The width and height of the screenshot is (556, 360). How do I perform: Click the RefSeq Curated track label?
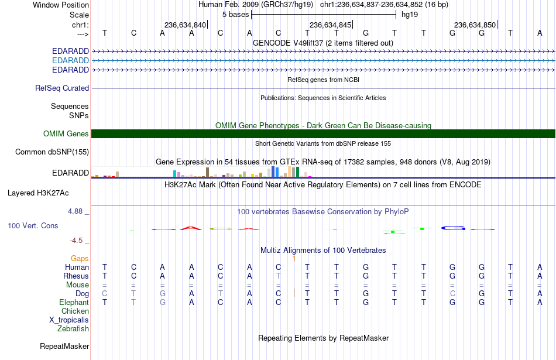pyautogui.click(x=62, y=88)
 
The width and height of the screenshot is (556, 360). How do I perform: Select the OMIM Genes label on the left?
pyautogui.click(x=66, y=133)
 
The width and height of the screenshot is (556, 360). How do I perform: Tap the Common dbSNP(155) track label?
pyautogui.click(x=52, y=152)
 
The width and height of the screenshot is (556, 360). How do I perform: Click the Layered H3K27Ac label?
pyautogui.click(x=38, y=193)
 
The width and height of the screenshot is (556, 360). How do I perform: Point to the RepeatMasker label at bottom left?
pyautogui.click(x=64, y=346)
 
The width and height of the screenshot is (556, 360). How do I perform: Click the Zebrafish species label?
pyautogui.click(x=73, y=329)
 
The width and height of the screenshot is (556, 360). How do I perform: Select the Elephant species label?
pyautogui.click(x=74, y=303)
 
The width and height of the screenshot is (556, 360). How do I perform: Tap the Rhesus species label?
pyautogui.click(x=76, y=276)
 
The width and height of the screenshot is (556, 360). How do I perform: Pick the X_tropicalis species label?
pyautogui.click(x=69, y=320)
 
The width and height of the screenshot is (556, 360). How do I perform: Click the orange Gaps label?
pyautogui.click(x=80, y=259)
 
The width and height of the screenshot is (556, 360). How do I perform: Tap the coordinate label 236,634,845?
pyautogui.click(x=330, y=25)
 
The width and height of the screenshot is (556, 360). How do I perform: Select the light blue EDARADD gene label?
pyautogui.click(x=71, y=61)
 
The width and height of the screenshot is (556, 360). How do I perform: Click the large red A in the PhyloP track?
pyautogui.click(x=191, y=228)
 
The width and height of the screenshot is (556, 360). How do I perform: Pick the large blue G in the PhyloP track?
pyautogui.click(x=453, y=228)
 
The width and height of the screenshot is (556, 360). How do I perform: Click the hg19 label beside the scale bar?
pyautogui.click(x=410, y=15)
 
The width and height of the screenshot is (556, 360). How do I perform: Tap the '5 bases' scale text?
pyautogui.click(x=236, y=15)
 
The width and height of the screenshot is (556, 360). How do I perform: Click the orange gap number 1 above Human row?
pyautogui.click(x=294, y=259)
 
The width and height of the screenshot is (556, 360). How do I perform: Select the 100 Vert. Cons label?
pyautogui.click(x=33, y=225)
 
